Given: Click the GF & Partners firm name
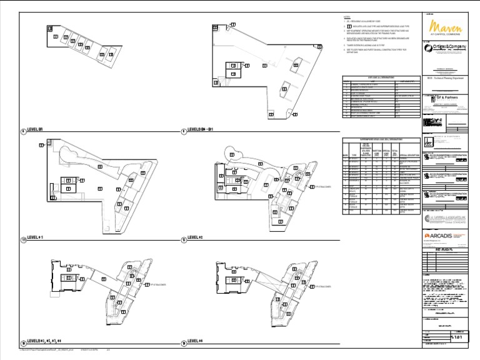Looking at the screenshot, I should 447,97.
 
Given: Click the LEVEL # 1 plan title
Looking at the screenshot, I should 37,238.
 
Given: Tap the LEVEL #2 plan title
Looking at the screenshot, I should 196,238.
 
